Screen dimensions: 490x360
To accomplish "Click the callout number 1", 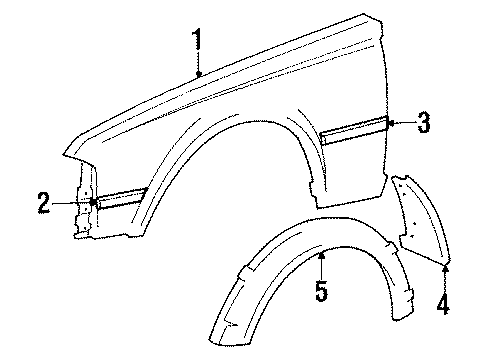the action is pyautogui.click(x=199, y=41).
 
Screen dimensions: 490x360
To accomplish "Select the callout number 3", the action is pyautogui.click(x=423, y=123).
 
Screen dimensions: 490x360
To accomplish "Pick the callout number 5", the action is pyautogui.click(x=321, y=293).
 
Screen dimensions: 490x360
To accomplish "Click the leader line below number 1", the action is pyautogui.click(x=199, y=66).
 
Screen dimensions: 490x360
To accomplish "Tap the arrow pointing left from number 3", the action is pyautogui.click(x=396, y=123).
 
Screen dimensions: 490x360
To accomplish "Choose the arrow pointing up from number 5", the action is pyautogui.click(x=321, y=260).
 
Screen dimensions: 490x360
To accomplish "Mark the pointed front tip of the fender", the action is pyautogui.click(x=63, y=156).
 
